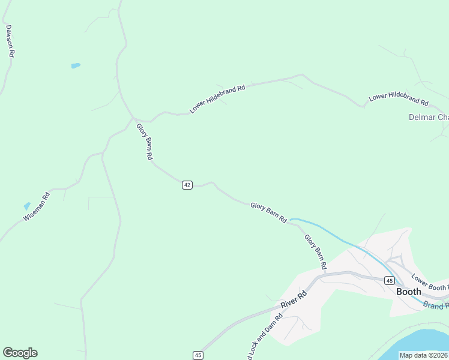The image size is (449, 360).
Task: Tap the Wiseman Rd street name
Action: click(x=36, y=207)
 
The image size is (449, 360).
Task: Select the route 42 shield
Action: click(x=187, y=185)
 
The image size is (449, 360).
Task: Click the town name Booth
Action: click(x=408, y=292)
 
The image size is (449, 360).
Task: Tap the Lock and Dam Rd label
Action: click(x=265, y=339)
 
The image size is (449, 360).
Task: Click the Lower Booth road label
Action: click(x=430, y=283)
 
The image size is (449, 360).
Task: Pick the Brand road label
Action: click(x=436, y=305)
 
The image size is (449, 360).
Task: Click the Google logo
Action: click(x=20, y=353)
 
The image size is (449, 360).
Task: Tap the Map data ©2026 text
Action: click(x=424, y=355)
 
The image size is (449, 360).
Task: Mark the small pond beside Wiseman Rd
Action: click(x=26, y=206)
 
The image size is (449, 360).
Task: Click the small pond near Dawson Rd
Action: click(x=76, y=65)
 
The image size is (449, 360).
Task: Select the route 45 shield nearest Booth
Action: click(x=389, y=280)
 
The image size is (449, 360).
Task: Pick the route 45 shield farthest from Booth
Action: click(x=198, y=355)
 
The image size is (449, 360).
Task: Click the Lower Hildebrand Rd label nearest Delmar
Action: click(x=399, y=99)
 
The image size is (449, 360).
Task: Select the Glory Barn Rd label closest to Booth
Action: click(x=315, y=251)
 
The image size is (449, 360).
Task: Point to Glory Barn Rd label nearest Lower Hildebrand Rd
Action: click(x=145, y=141)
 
